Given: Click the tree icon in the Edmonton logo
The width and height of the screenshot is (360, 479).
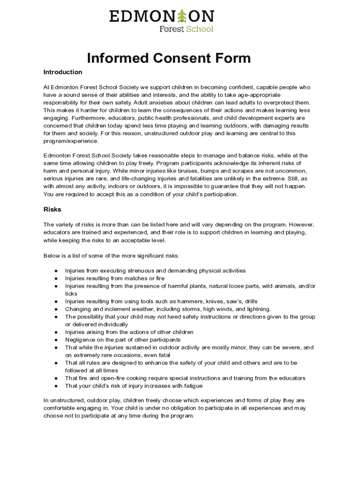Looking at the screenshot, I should coord(182,16).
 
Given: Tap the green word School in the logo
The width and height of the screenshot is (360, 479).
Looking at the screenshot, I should coord(200,29).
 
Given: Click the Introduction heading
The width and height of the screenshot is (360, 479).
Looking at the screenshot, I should coord(63,72).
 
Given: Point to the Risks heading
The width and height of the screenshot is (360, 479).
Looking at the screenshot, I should coord(52,210).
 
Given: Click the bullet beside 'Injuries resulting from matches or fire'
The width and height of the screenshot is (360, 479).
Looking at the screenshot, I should coord(56,279).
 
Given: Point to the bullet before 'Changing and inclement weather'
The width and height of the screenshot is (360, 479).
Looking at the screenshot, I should coord(56,309).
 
